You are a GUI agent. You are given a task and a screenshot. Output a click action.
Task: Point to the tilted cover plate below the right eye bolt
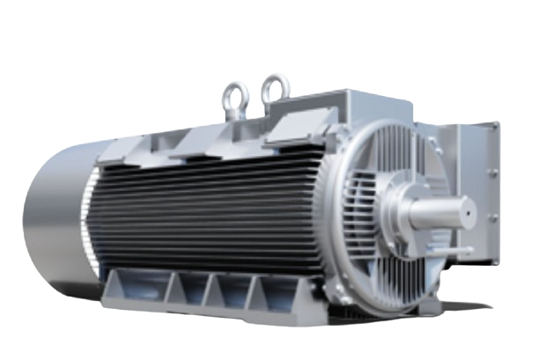click(x=295, y=129)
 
